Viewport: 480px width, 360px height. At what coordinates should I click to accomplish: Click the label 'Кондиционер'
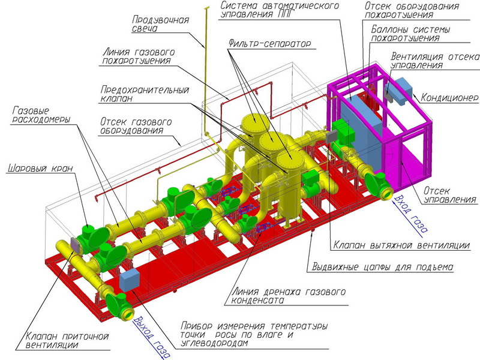coord(448,98)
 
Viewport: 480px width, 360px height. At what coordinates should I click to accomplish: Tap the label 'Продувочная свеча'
coord(160,24)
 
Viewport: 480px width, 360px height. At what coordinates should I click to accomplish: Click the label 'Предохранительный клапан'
coord(145,94)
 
